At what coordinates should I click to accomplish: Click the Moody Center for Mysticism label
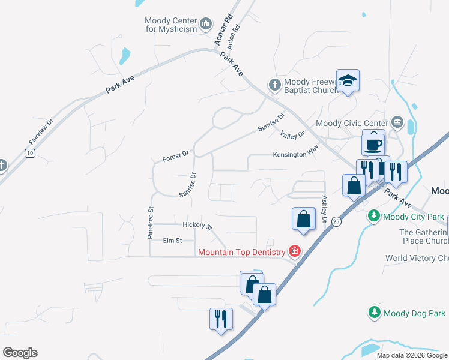[170, 25]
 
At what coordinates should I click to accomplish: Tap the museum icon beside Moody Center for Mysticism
[206, 24]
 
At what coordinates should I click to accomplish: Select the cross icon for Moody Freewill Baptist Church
[274, 85]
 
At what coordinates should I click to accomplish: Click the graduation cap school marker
[348, 80]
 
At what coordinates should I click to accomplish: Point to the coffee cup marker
[373, 144]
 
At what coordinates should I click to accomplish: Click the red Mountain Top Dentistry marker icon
[295, 251]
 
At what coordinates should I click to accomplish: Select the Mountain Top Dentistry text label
[243, 251]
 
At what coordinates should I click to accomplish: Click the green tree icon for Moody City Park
[374, 215]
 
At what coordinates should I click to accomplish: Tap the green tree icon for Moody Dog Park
[374, 313]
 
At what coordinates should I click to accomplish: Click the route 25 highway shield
[336, 222]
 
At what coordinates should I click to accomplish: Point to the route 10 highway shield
[29, 153]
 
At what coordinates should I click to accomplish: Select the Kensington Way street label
[295, 154]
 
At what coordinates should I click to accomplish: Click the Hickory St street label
[197, 226]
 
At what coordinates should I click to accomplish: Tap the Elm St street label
[172, 241]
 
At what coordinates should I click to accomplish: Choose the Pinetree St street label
[151, 223]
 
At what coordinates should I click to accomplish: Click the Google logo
[20, 353]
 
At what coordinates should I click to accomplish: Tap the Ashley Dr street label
[325, 209]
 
